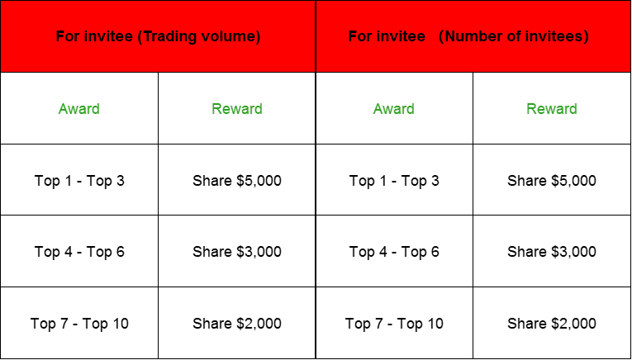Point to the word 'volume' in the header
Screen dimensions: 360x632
(231, 36)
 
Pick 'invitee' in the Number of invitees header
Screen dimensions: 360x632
(401, 36)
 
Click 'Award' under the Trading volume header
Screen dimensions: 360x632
(79, 109)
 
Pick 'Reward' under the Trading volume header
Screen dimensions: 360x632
(237, 109)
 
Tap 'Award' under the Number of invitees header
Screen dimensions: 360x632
(394, 109)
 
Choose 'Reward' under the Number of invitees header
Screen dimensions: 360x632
(552, 109)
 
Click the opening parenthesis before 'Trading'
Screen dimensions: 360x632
(136, 36)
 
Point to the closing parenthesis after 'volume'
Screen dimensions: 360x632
(258, 36)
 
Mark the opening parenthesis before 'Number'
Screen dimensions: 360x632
(441, 36)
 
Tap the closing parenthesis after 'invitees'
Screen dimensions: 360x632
(586, 36)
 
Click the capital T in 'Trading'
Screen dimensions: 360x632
(144, 36)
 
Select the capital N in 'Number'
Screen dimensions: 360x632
(450, 36)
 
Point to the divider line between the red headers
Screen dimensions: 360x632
(316, 36)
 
